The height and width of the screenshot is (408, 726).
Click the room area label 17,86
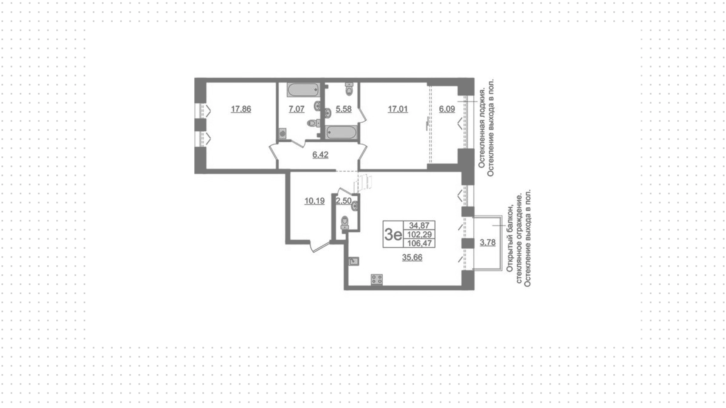point(241,109)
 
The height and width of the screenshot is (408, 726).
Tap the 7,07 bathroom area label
point(296,109)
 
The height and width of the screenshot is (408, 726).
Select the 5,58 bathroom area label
point(344,109)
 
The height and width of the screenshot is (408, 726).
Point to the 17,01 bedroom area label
point(398,109)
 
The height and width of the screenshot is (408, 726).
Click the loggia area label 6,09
point(447,109)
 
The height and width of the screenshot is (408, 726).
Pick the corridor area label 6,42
point(320,155)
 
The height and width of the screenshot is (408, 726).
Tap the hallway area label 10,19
point(315,201)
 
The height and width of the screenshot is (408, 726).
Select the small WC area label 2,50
point(344,201)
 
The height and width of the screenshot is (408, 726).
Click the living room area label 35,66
point(412,258)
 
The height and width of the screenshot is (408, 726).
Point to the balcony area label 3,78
point(488,243)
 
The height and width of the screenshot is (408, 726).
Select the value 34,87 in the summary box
point(419,226)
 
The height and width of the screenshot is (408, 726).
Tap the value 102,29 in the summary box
point(420,234)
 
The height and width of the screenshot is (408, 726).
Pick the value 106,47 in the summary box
point(420,243)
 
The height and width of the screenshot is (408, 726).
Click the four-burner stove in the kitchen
point(377,279)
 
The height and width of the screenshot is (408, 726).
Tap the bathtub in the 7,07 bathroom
point(303,90)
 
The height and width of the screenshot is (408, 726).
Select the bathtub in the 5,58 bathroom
point(341,132)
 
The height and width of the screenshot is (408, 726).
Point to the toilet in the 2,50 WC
point(345,223)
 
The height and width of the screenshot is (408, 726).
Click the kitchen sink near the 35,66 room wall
point(354,261)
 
